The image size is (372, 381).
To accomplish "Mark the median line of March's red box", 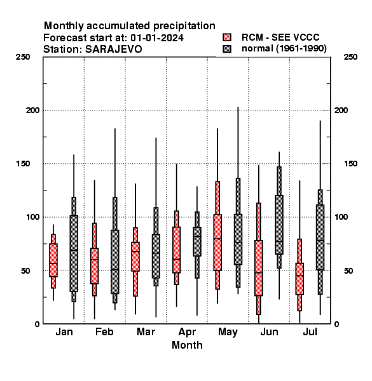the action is click(x=135, y=251).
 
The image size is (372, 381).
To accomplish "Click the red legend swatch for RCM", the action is click(x=227, y=37).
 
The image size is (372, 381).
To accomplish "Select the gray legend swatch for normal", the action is click(x=227, y=49).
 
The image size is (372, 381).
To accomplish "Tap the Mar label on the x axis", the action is click(x=146, y=331).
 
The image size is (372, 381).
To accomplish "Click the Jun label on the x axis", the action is click(x=269, y=331).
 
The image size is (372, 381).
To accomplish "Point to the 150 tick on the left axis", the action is click(x=23, y=164).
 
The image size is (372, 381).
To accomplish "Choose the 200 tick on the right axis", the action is click(x=341, y=110).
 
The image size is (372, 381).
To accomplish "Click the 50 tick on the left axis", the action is click(x=25, y=271).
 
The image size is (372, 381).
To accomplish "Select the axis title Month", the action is click(x=187, y=345).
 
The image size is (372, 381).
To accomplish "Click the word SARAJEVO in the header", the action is click(x=113, y=50).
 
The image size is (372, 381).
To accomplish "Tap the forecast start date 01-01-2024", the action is click(x=157, y=38).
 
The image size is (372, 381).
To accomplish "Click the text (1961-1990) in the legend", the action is click(x=301, y=49).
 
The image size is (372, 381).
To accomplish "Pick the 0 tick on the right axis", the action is click(x=336, y=324).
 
